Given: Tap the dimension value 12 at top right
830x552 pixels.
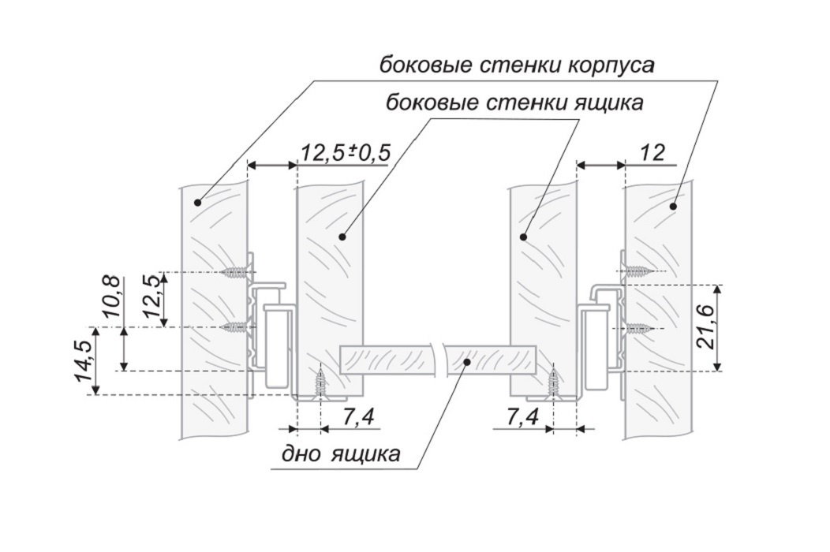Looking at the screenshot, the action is tap(652, 153).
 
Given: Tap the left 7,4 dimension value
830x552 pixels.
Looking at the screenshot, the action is tap(358, 418).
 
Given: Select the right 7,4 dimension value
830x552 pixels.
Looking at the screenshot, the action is tap(522, 418).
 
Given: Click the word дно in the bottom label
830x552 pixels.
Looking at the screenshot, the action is tap(299, 454).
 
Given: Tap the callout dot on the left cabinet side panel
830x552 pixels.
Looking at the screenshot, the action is tap(197, 202).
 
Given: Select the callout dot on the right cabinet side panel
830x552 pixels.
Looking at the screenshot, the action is tap(674, 206).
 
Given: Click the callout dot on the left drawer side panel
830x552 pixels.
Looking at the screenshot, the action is tap(342, 237).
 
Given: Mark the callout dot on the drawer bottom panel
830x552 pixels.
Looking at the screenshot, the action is tap(467, 361).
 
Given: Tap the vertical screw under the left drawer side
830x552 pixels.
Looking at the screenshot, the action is tap(321, 385).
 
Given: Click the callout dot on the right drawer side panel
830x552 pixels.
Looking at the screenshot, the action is tap(524, 237).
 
